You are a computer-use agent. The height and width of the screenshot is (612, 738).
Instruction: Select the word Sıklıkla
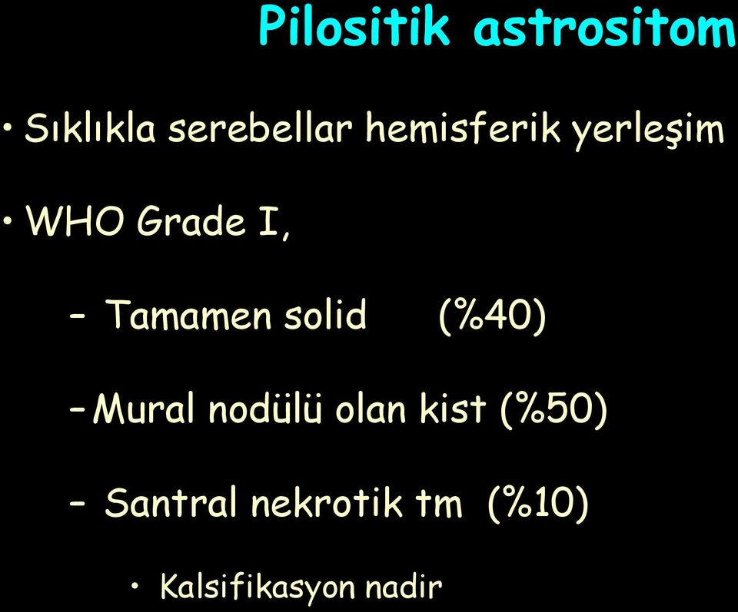click(91, 128)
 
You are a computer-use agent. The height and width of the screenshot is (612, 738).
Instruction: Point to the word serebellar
click(261, 128)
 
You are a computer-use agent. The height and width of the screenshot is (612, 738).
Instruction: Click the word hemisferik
click(463, 128)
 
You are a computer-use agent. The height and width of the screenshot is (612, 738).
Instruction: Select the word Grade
click(191, 221)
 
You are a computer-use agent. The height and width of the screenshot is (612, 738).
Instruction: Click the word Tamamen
click(190, 314)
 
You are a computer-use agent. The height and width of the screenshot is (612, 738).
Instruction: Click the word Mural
click(144, 408)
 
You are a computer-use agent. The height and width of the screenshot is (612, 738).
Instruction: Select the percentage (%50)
click(553, 409)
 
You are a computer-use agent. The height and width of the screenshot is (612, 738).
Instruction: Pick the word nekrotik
click(326, 501)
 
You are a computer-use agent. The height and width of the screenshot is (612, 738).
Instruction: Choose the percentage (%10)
click(538, 503)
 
